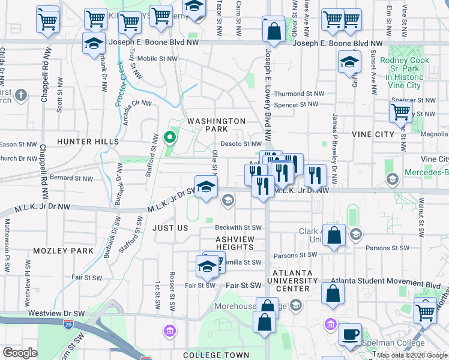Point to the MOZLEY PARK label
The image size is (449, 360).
(x=64, y=250)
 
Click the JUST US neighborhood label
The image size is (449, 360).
(x=170, y=229)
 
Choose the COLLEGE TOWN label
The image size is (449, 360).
(x=211, y=355)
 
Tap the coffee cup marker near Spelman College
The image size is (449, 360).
(x=351, y=334)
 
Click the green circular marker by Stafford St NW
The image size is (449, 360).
(x=170, y=137)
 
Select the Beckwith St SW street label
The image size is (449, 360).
(x=239, y=228)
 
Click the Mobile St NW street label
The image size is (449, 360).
(x=158, y=59)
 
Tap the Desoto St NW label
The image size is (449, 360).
(x=241, y=144)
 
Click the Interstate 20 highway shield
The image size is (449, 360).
(x=68, y=324)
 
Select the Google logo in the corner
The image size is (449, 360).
(x=20, y=353)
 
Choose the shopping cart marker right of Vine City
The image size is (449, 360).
(x=400, y=111)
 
